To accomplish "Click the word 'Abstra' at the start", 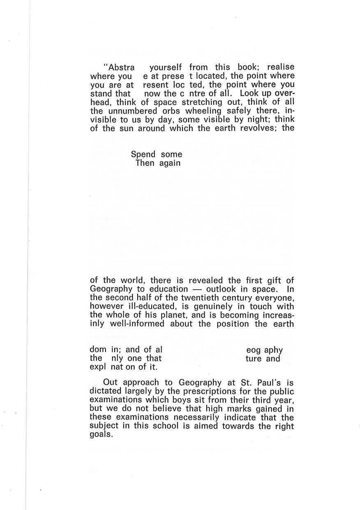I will pyautogui.click(x=120, y=67).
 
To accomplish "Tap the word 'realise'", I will pyautogui.click(x=281, y=67).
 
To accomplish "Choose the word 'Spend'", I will pyautogui.click(x=143, y=155).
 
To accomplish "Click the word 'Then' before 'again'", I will pyautogui.click(x=145, y=163).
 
